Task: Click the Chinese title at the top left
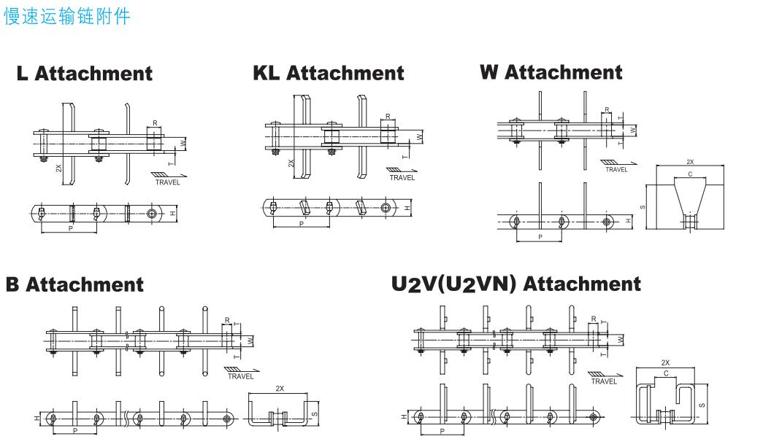pos(67,16)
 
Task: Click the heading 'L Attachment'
pos(85,74)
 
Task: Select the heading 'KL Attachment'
pos(328,73)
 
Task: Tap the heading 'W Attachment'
pos(551,72)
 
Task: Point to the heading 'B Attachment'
pos(74,284)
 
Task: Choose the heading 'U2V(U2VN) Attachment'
pos(516,284)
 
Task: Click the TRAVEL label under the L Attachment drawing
pos(167,182)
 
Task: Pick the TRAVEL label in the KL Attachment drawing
pos(402,177)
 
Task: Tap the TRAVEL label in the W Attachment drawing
pos(616,169)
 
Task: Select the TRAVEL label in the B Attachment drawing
pos(240,376)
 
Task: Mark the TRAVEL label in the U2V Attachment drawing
pos(604,381)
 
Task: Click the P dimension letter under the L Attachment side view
pos(69,228)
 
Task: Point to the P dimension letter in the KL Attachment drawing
pos(302,223)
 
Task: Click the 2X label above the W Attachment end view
pos(690,162)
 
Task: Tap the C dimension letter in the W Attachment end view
pos(690,175)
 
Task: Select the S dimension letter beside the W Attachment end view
pos(643,206)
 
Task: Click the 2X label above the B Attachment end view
pos(280,389)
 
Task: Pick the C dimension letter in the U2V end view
pos(664,373)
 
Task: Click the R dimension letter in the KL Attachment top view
pos(387,116)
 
